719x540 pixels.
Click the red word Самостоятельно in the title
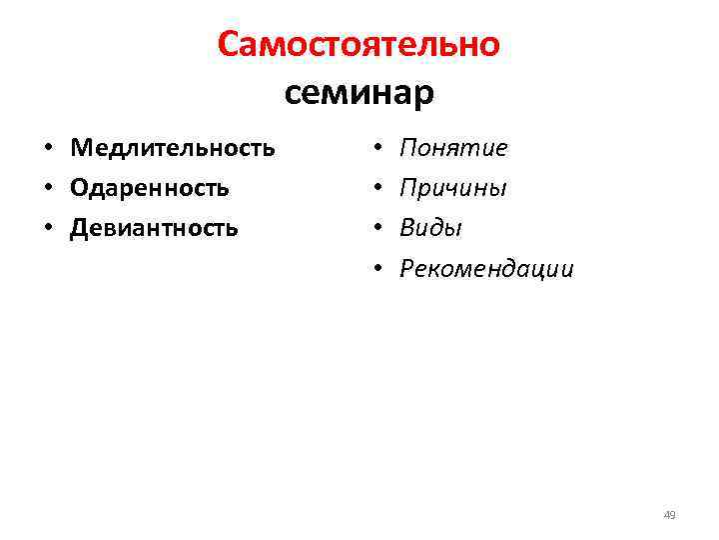[359, 45]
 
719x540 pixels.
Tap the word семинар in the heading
[359, 93]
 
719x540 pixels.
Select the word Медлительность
[173, 149]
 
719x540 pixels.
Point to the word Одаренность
[150, 188]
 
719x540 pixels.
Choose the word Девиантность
[155, 228]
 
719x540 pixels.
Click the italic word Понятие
[453, 149]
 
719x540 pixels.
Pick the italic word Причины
[453, 188]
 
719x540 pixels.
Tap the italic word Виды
[430, 228]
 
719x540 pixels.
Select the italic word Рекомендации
[486, 268]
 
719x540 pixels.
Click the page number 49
[670, 515]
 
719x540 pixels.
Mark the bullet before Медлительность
[47, 150]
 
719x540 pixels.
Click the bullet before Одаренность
[47, 189]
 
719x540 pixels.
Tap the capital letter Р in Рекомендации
[407, 268]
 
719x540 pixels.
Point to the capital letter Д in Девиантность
[79, 228]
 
